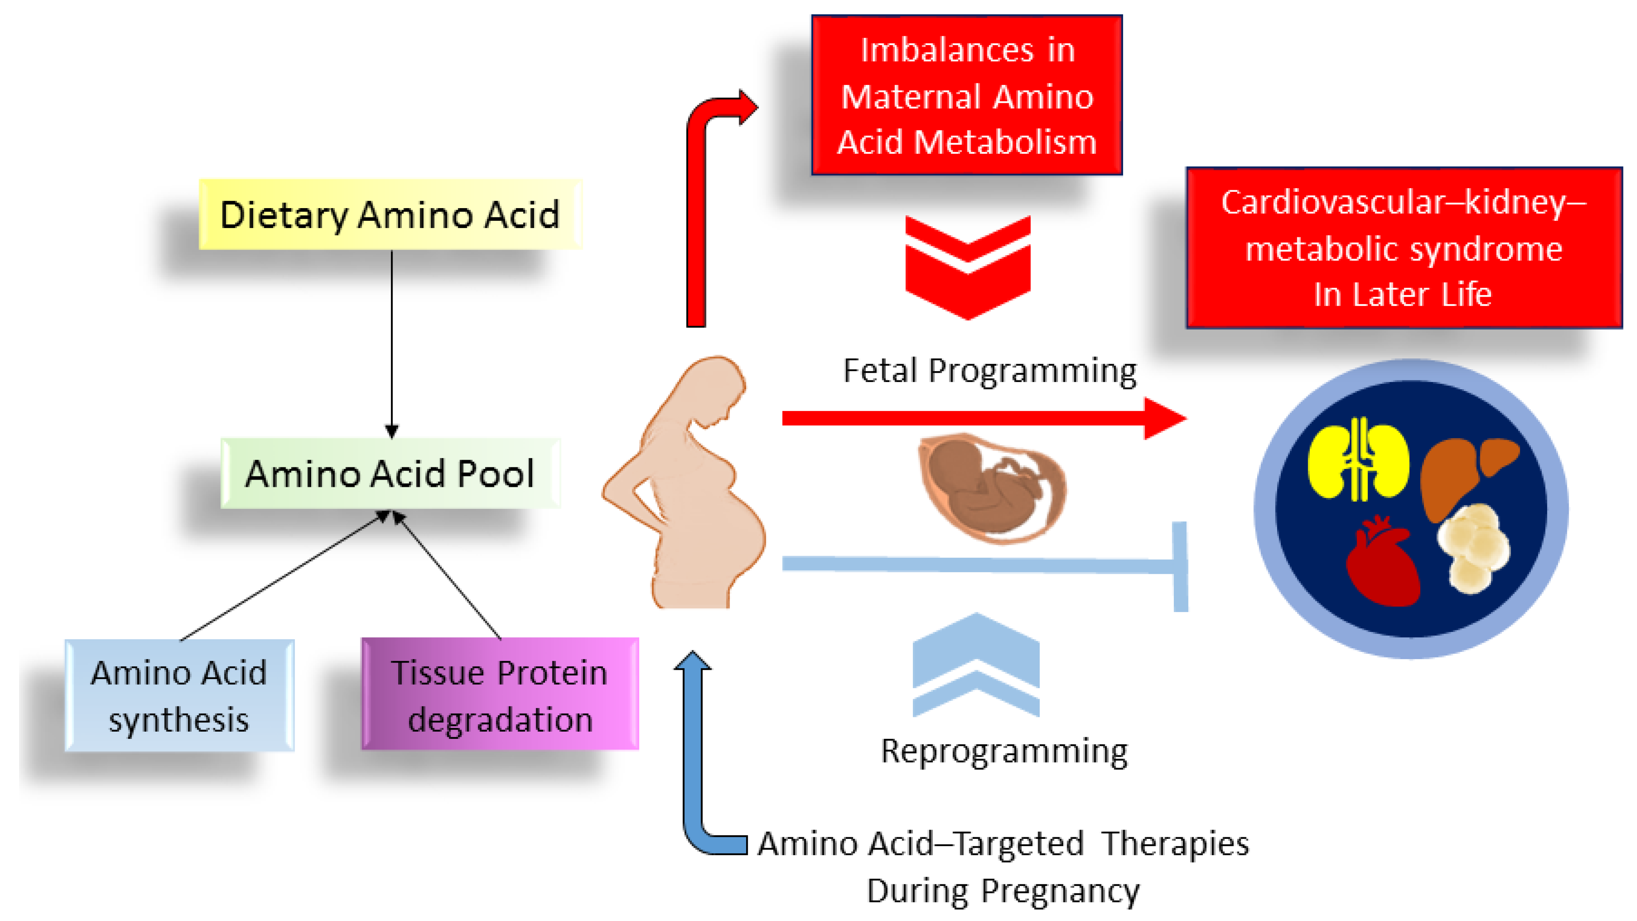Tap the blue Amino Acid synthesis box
[x=179, y=695]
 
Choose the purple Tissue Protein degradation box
[x=500, y=694]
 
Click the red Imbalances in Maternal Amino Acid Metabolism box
[x=967, y=95]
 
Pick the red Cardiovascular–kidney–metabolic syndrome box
[x=1404, y=248]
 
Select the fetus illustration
[x=991, y=486]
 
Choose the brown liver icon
[x=1465, y=473]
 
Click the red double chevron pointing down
[x=967, y=267]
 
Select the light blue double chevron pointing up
[x=975, y=664]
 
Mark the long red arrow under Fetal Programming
[x=979, y=418]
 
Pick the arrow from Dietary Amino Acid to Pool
[x=391, y=343]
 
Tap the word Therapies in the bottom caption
[x=1176, y=844]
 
